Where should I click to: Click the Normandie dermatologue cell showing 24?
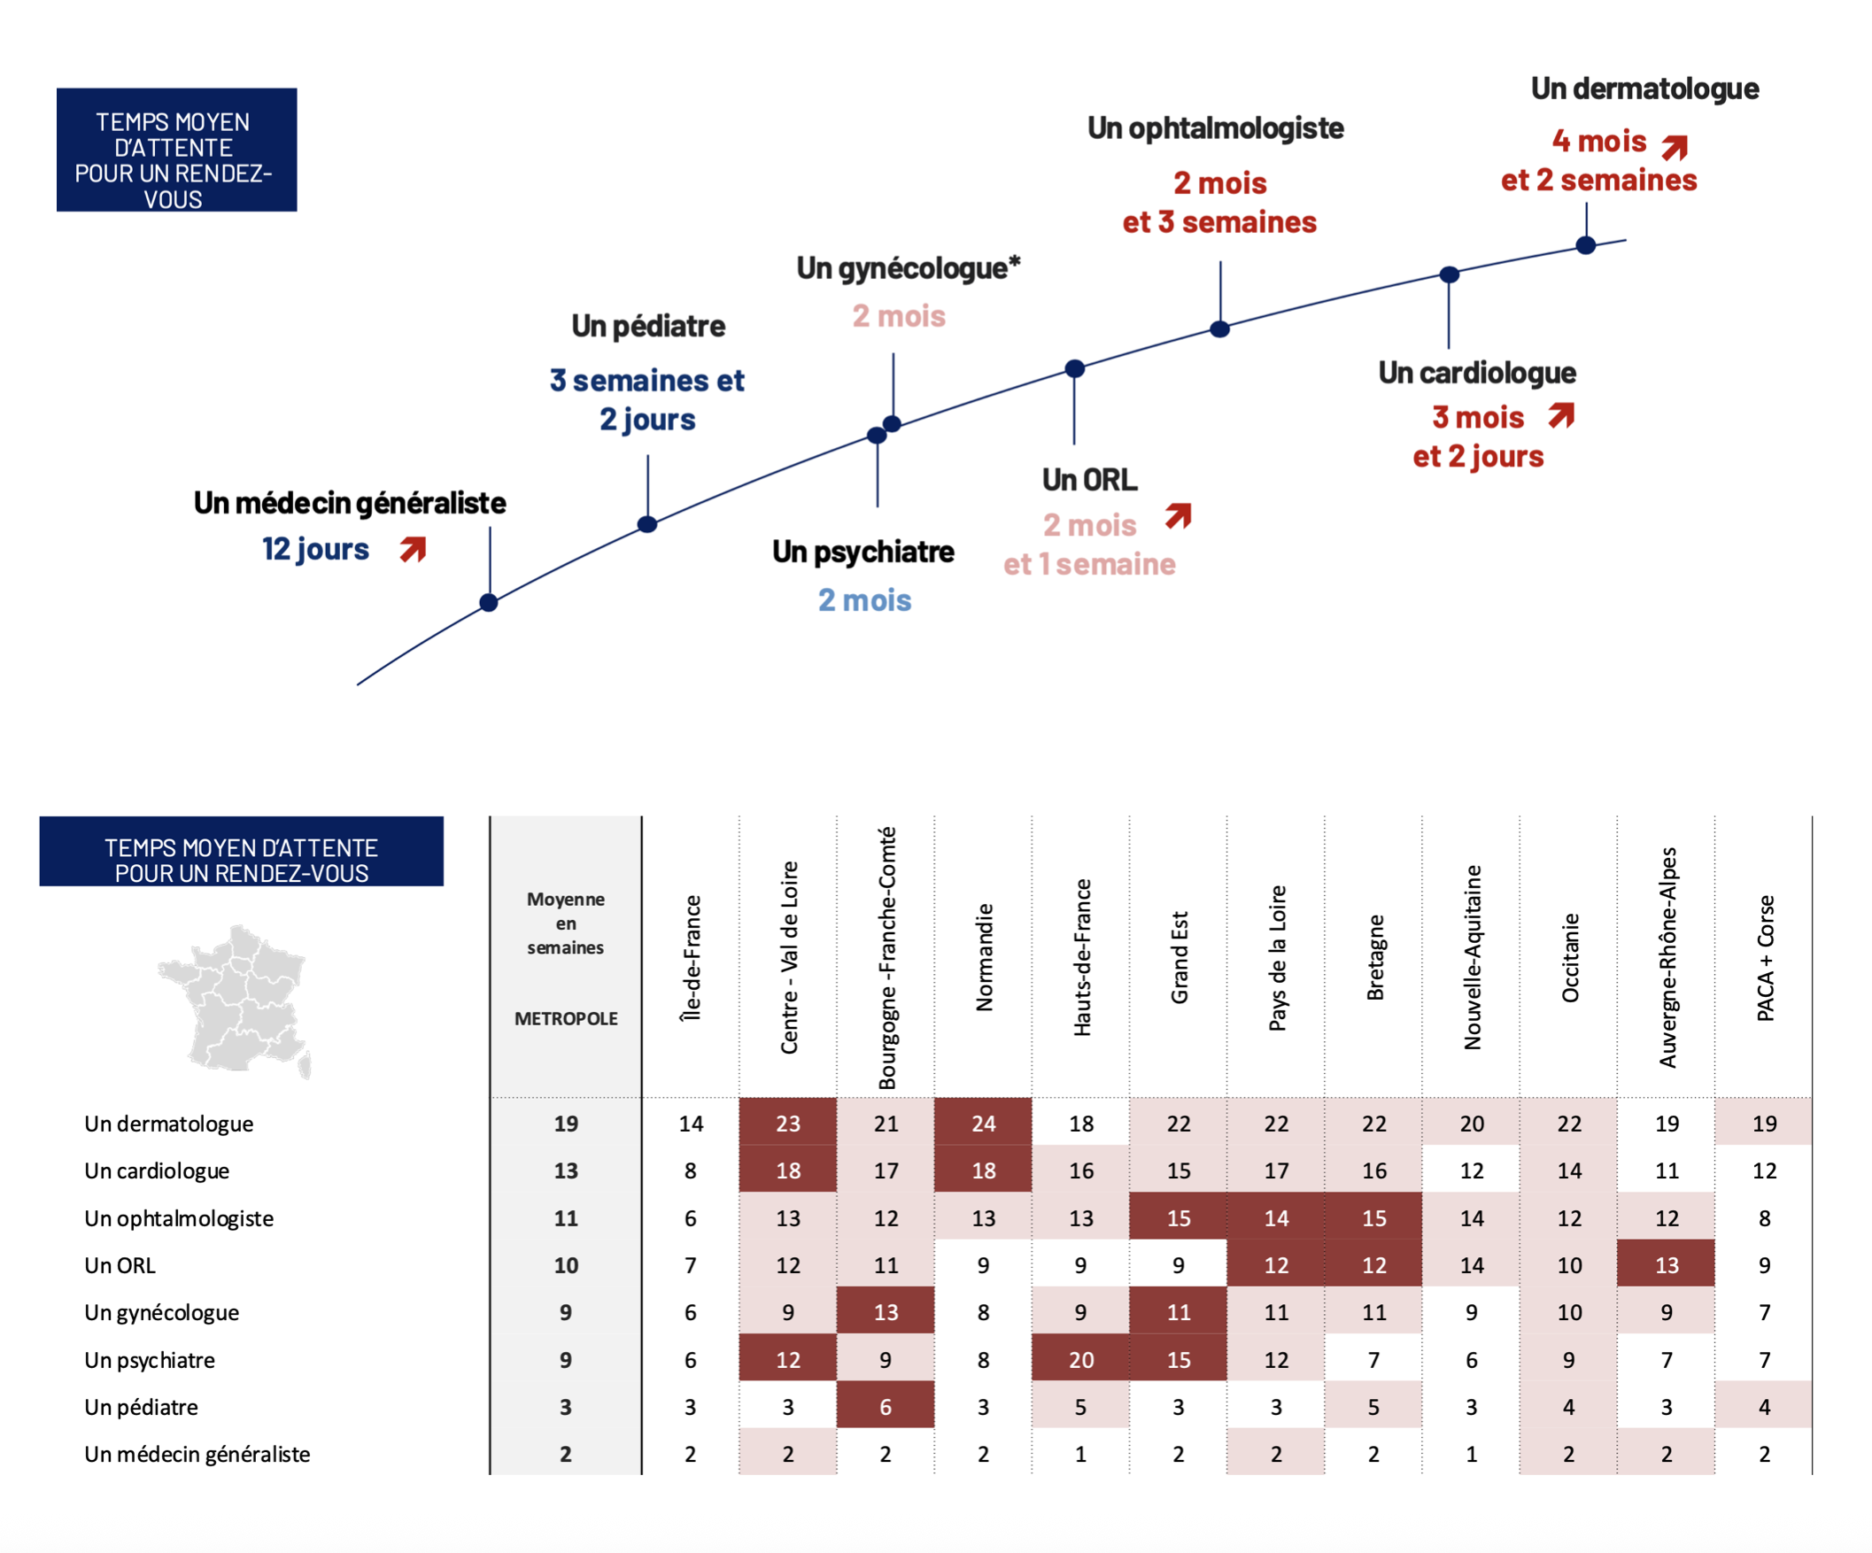tap(982, 1124)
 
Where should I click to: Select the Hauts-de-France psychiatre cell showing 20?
tap(1080, 1360)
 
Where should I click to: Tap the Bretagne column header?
tap(1374, 957)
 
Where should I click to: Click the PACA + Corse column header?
tap(1765, 957)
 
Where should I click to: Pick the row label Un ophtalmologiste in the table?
tap(178, 1217)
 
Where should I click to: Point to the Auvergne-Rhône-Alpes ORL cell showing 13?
tap(1666, 1265)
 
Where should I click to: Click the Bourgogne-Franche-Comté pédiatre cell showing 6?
tap(886, 1407)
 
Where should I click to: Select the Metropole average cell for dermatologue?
tap(566, 1124)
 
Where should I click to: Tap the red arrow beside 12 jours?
tap(413, 549)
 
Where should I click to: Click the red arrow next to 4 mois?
tap(1675, 146)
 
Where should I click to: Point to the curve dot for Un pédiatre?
tap(647, 524)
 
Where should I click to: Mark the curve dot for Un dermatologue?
tap(1586, 245)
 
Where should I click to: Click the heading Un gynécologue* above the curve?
tap(908, 268)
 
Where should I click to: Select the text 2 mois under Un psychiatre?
tap(864, 600)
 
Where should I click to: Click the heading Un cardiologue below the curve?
tap(1477, 373)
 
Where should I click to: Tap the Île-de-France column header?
tap(691, 957)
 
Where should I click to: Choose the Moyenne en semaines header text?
tap(566, 923)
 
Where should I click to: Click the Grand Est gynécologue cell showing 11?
tap(1178, 1312)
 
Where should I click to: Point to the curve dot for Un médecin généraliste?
tap(489, 603)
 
